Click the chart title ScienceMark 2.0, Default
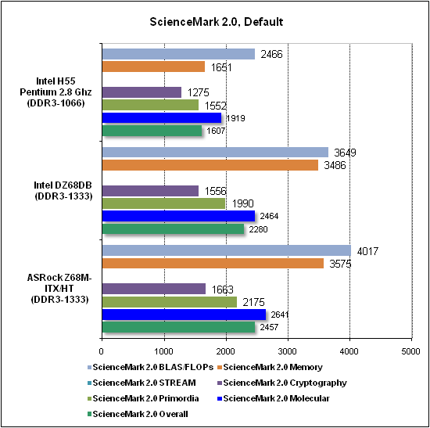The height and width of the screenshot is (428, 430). click(x=216, y=22)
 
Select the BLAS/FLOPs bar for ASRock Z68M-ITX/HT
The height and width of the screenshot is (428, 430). click(x=227, y=250)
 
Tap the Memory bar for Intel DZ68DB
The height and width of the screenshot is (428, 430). click(x=210, y=165)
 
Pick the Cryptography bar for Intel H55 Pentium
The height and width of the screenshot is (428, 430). click(x=142, y=92)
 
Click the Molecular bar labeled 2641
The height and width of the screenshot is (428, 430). click(x=184, y=315)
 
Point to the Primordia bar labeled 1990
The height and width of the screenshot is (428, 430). click(x=163, y=203)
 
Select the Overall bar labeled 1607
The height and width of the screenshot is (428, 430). click(x=152, y=131)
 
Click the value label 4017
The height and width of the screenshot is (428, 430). click(x=367, y=251)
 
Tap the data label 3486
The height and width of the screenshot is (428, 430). click(x=335, y=165)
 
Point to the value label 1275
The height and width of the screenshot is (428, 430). click(x=199, y=92)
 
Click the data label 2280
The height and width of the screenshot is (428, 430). click(x=258, y=229)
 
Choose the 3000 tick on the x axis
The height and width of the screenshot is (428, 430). click(x=288, y=351)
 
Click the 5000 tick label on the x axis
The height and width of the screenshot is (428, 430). click(x=410, y=351)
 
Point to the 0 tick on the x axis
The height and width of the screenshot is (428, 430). click(x=102, y=351)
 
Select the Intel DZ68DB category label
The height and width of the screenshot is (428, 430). click(x=63, y=191)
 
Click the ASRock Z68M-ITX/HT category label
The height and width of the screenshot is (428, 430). click(x=59, y=288)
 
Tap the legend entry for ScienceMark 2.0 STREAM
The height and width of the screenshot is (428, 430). click(x=142, y=383)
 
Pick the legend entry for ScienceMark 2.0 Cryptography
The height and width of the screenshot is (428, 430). click(x=282, y=383)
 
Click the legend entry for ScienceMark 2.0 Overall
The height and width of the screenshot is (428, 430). click(x=138, y=414)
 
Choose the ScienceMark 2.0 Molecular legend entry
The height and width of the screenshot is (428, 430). click(x=274, y=398)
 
